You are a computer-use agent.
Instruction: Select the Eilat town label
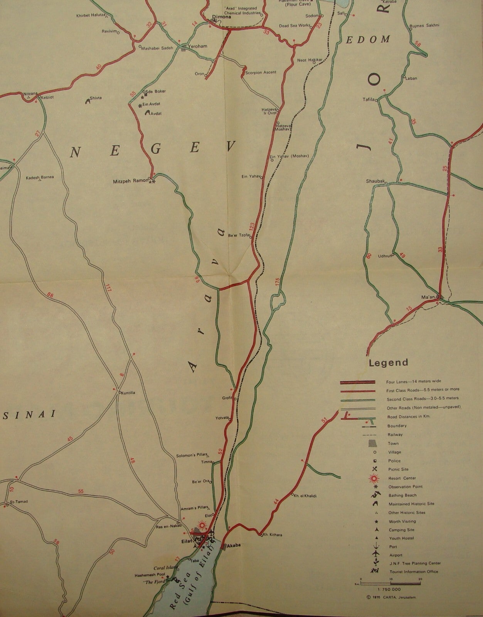coord(186,541)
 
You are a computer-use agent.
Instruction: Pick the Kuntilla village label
coord(129,393)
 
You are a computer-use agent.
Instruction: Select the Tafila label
coord(368,99)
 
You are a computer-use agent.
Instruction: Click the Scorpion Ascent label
coord(261,72)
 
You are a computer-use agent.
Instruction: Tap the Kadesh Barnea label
coord(40,177)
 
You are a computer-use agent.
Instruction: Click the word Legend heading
coord(388,362)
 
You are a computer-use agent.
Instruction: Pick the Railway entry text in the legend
coord(394,435)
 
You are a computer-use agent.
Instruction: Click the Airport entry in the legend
coord(395,555)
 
